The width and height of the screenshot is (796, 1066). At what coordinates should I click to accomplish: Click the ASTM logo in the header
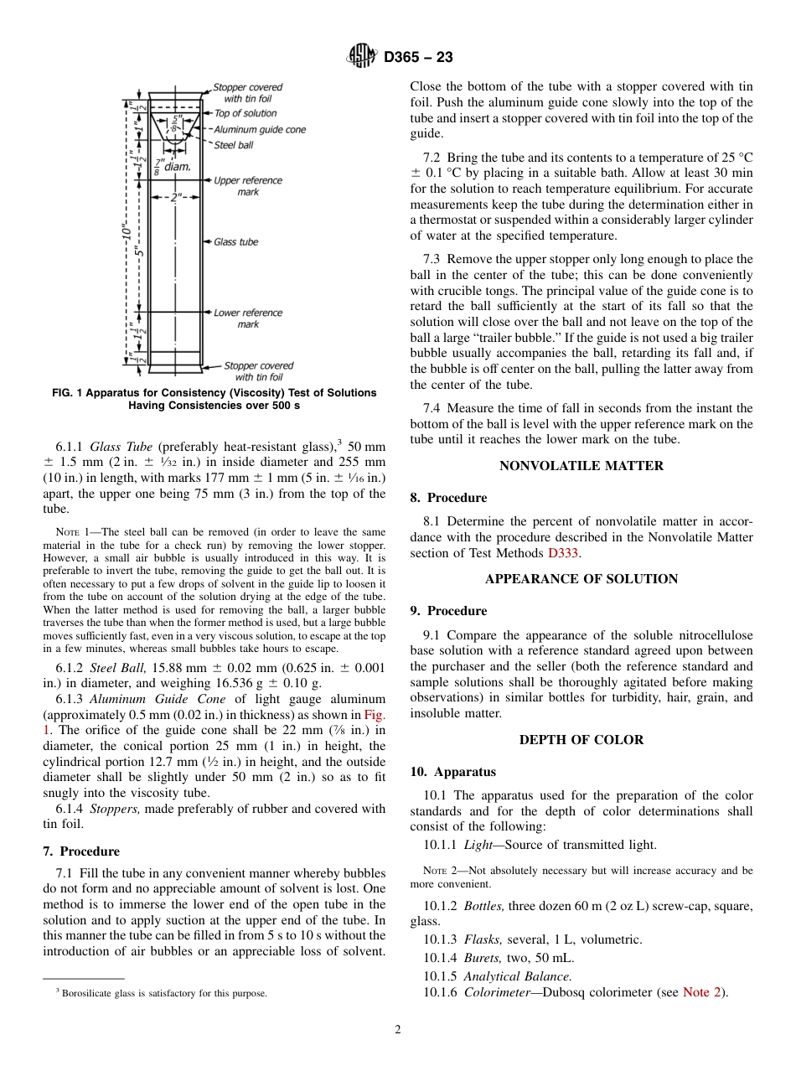(363, 57)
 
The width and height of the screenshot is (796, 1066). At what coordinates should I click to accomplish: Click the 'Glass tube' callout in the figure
(235, 242)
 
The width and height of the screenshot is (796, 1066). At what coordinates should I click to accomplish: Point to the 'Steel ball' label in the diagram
(233, 145)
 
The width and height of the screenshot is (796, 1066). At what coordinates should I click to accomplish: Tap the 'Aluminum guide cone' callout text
(259, 130)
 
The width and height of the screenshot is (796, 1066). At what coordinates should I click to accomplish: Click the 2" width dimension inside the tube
(175, 199)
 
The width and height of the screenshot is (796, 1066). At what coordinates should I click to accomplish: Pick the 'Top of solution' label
(245, 113)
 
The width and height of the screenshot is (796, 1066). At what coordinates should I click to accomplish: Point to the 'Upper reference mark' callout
(247, 186)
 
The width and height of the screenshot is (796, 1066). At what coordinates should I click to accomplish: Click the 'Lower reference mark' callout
(247, 318)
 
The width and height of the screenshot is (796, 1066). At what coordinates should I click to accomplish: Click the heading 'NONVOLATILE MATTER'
(581, 466)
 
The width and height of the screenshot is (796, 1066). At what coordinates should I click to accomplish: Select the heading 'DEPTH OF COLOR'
(581, 740)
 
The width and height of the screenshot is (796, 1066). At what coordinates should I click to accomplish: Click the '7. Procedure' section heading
(81, 851)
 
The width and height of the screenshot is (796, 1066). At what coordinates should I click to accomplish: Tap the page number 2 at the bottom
(398, 1030)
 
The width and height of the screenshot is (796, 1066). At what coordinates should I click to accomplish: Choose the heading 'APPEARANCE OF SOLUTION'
(581, 579)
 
